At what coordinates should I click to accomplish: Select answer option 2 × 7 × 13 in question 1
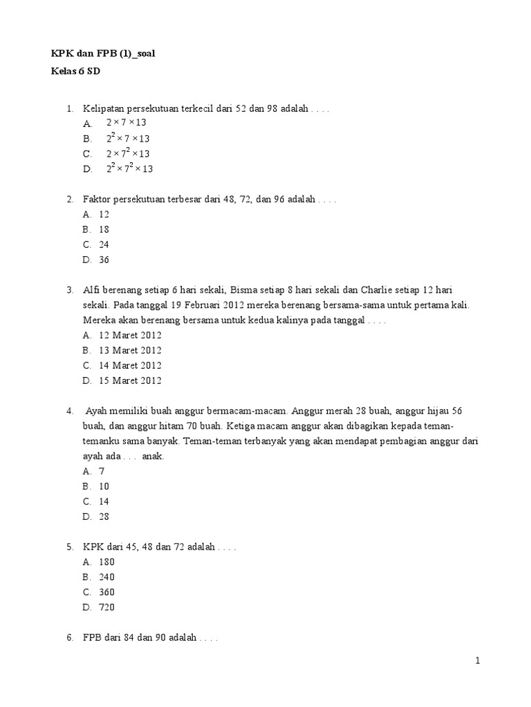point(126,123)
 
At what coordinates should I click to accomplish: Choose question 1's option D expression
point(129,168)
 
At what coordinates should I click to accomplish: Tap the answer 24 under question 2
point(104,244)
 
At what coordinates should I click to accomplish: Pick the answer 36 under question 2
point(104,260)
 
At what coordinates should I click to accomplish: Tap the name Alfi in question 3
point(92,290)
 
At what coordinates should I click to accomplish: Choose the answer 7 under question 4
point(102,471)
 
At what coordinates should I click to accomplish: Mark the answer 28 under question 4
point(104,516)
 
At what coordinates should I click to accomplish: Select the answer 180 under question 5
point(106,561)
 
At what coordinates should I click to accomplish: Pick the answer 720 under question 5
point(106,607)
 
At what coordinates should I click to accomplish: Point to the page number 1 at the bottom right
point(477,661)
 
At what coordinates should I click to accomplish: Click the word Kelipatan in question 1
point(103,108)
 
